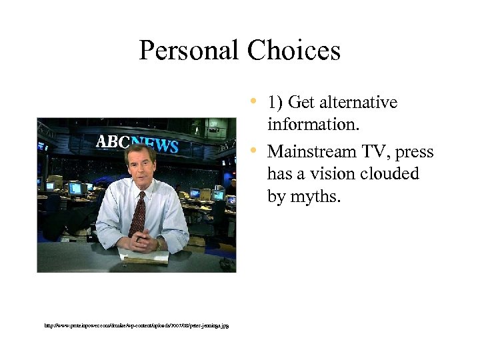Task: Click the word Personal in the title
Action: pyautogui.click(x=189, y=51)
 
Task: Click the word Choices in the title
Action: pyautogui.click(x=293, y=51)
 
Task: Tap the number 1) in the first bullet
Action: pyautogui.click(x=276, y=103)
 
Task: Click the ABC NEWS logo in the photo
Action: pyautogui.click(x=137, y=143)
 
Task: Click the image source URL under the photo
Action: pyautogui.click(x=136, y=326)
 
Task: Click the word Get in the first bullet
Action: pyautogui.click(x=303, y=103)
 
